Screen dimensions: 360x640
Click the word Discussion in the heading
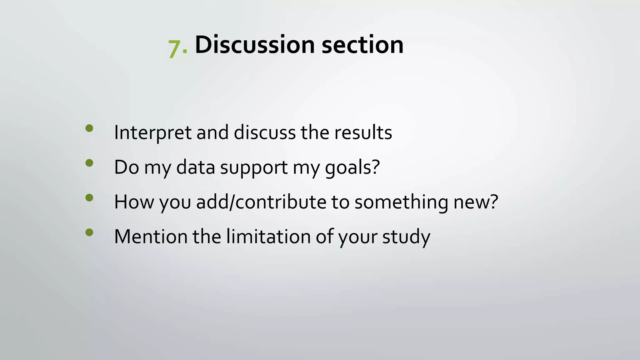pyautogui.click(x=254, y=45)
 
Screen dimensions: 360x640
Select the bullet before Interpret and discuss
pyautogui.click(x=89, y=128)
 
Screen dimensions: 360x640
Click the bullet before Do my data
pyautogui.click(x=89, y=163)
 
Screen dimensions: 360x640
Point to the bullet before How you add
pyautogui.click(x=89, y=198)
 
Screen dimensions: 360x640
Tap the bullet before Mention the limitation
pyautogui.click(x=89, y=232)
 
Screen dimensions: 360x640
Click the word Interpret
pyautogui.click(x=152, y=133)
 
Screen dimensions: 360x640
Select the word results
pyautogui.click(x=363, y=133)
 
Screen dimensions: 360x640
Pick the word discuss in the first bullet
pyautogui.click(x=264, y=133)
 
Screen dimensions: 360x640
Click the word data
pyautogui.click(x=196, y=167)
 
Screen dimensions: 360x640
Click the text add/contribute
pyautogui.click(x=261, y=202)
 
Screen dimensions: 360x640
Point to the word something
pyautogui.click(x=401, y=202)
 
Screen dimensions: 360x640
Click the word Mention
pyautogui.click(x=151, y=237)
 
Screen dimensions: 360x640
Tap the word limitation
pyautogui.click(x=268, y=237)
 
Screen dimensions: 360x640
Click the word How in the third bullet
pyautogui.click(x=134, y=202)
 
